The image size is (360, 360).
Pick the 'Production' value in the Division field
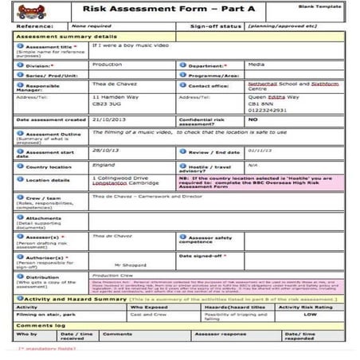click(108, 65)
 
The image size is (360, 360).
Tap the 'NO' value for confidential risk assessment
click(253, 119)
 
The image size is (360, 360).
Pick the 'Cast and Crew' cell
click(147, 315)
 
